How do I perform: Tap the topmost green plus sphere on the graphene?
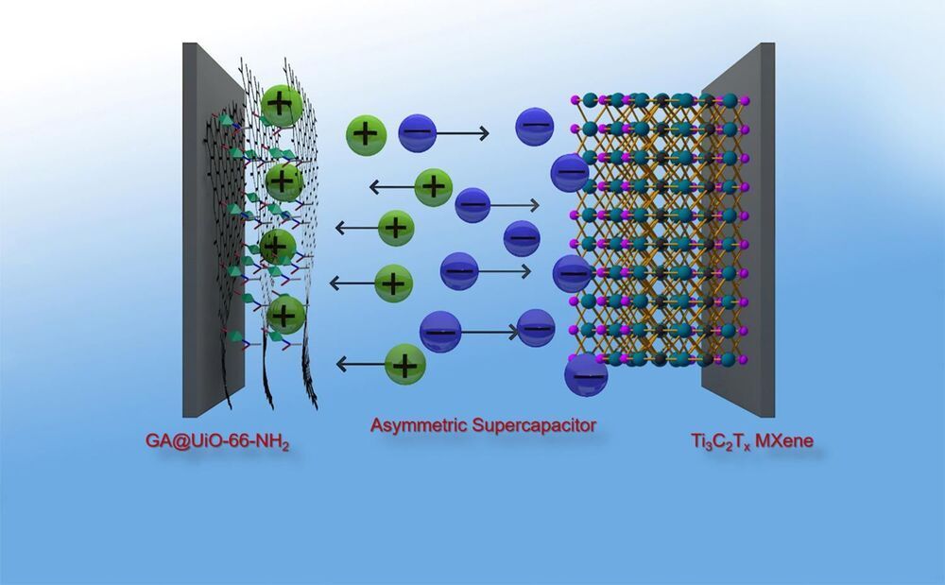(x=281, y=104)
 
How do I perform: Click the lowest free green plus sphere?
(x=404, y=363)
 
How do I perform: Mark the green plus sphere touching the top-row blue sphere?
(x=366, y=134)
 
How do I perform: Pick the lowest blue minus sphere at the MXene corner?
(x=585, y=374)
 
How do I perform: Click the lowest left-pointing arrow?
(x=360, y=363)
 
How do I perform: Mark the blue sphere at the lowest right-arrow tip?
(x=536, y=328)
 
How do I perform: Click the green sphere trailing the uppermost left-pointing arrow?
(x=433, y=185)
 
